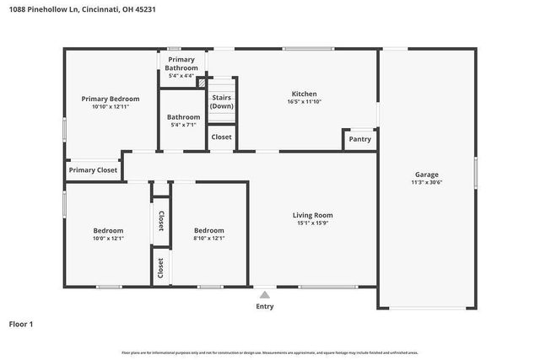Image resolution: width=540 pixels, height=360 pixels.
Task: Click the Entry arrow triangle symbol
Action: [264, 295]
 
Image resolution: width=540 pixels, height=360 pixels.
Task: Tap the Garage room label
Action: [426, 175]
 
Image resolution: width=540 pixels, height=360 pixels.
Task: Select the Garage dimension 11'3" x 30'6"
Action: [426, 183]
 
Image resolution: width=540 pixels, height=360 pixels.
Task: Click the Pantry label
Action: [359, 139]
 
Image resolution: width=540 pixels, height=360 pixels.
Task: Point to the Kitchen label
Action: [304, 94]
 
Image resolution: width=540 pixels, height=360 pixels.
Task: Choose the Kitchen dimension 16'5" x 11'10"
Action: [304, 102]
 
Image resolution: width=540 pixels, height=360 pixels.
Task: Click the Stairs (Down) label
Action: [222, 102]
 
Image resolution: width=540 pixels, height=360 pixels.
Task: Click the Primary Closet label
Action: [93, 170]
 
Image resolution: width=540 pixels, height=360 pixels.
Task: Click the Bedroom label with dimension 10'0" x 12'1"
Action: [108, 230]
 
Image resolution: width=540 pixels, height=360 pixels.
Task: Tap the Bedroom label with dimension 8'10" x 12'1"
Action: [208, 230]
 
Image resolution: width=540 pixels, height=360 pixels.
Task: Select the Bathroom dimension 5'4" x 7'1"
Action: [183, 126]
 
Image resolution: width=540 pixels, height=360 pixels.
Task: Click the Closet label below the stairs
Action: [222, 137]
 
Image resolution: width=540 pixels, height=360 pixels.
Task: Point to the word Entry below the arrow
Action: [264, 307]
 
